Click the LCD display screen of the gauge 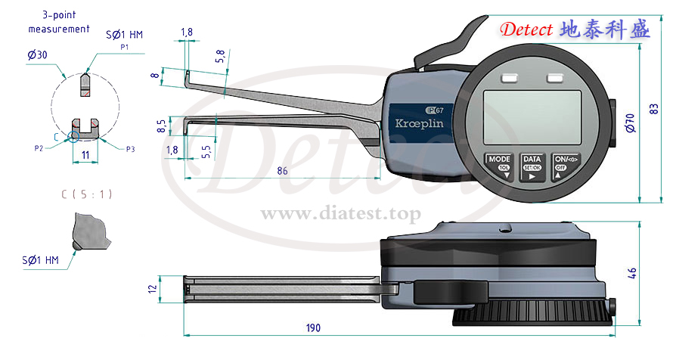coord(532,117)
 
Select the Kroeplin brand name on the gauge coord(419,123)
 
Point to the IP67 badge coord(434,110)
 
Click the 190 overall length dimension coord(313,327)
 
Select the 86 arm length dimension coord(282,171)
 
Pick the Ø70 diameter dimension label coord(630,123)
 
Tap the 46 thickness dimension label coord(632,273)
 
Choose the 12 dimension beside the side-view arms coord(152,288)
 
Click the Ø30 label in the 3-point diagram coord(37,55)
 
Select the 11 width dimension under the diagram coord(85,155)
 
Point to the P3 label coord(130,149)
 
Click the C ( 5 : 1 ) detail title coord(87,194)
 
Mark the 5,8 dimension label coord(221,56)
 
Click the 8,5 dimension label coord(161,126)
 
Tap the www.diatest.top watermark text coord(341,213)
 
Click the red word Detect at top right coord(526,29)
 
